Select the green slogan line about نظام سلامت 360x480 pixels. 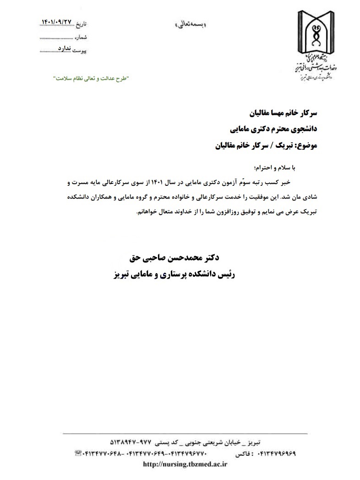point(92,78)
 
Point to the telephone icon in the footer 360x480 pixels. point(77,453)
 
